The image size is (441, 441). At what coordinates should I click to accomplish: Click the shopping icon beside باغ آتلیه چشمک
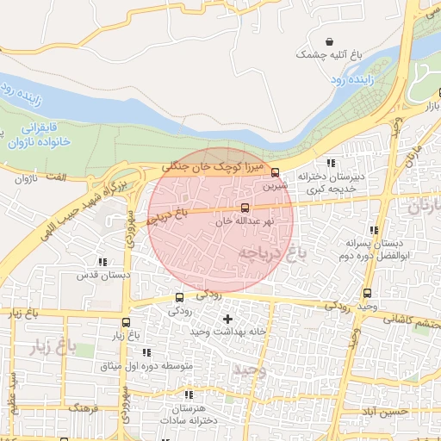tap(330, 41)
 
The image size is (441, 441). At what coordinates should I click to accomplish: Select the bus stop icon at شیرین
tap(275, 172)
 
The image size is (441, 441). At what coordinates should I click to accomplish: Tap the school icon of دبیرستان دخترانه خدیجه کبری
tap(331, 163)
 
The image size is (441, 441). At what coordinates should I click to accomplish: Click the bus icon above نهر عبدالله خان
tap(245, 208)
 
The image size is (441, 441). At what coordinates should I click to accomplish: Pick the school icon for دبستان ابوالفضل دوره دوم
tap(373, 230)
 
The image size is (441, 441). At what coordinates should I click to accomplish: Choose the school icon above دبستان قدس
tap(102, 262)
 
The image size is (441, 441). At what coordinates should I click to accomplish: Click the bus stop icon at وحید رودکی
tap(369, 294)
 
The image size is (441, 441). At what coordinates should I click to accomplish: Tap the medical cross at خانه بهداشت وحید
tap(227, 320)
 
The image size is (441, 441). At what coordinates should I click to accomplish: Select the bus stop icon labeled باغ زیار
tap(126, 321)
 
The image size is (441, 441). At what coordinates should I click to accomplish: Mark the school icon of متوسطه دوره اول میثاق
tap(146, 352)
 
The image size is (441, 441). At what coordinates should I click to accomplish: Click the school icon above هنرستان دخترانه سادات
tap(189, 394)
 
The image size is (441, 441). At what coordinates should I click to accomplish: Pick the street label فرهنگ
tap(84, 407)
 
